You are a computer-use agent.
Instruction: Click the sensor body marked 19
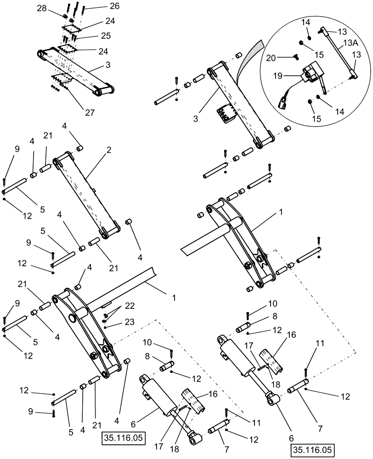309,73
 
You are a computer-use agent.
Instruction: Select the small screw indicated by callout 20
295,58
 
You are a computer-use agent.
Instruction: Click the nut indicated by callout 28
66,17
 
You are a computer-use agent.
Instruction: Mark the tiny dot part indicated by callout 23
106,327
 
